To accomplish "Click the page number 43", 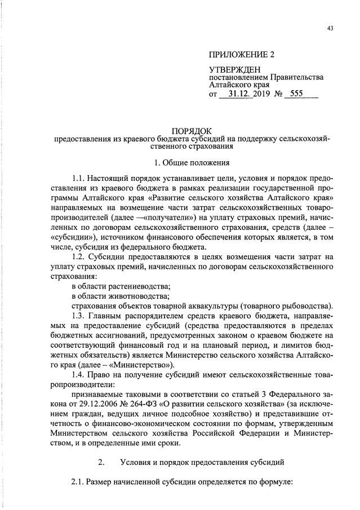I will [330, 29].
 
